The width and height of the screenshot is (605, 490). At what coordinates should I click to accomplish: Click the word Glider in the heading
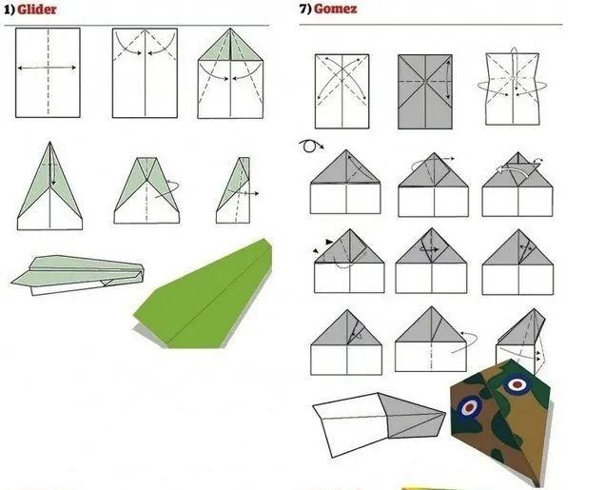pyautogui.click(x=38, y=10)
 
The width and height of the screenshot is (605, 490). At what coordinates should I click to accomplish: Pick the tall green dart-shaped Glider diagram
pyautogui.click(x=49, y=186)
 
